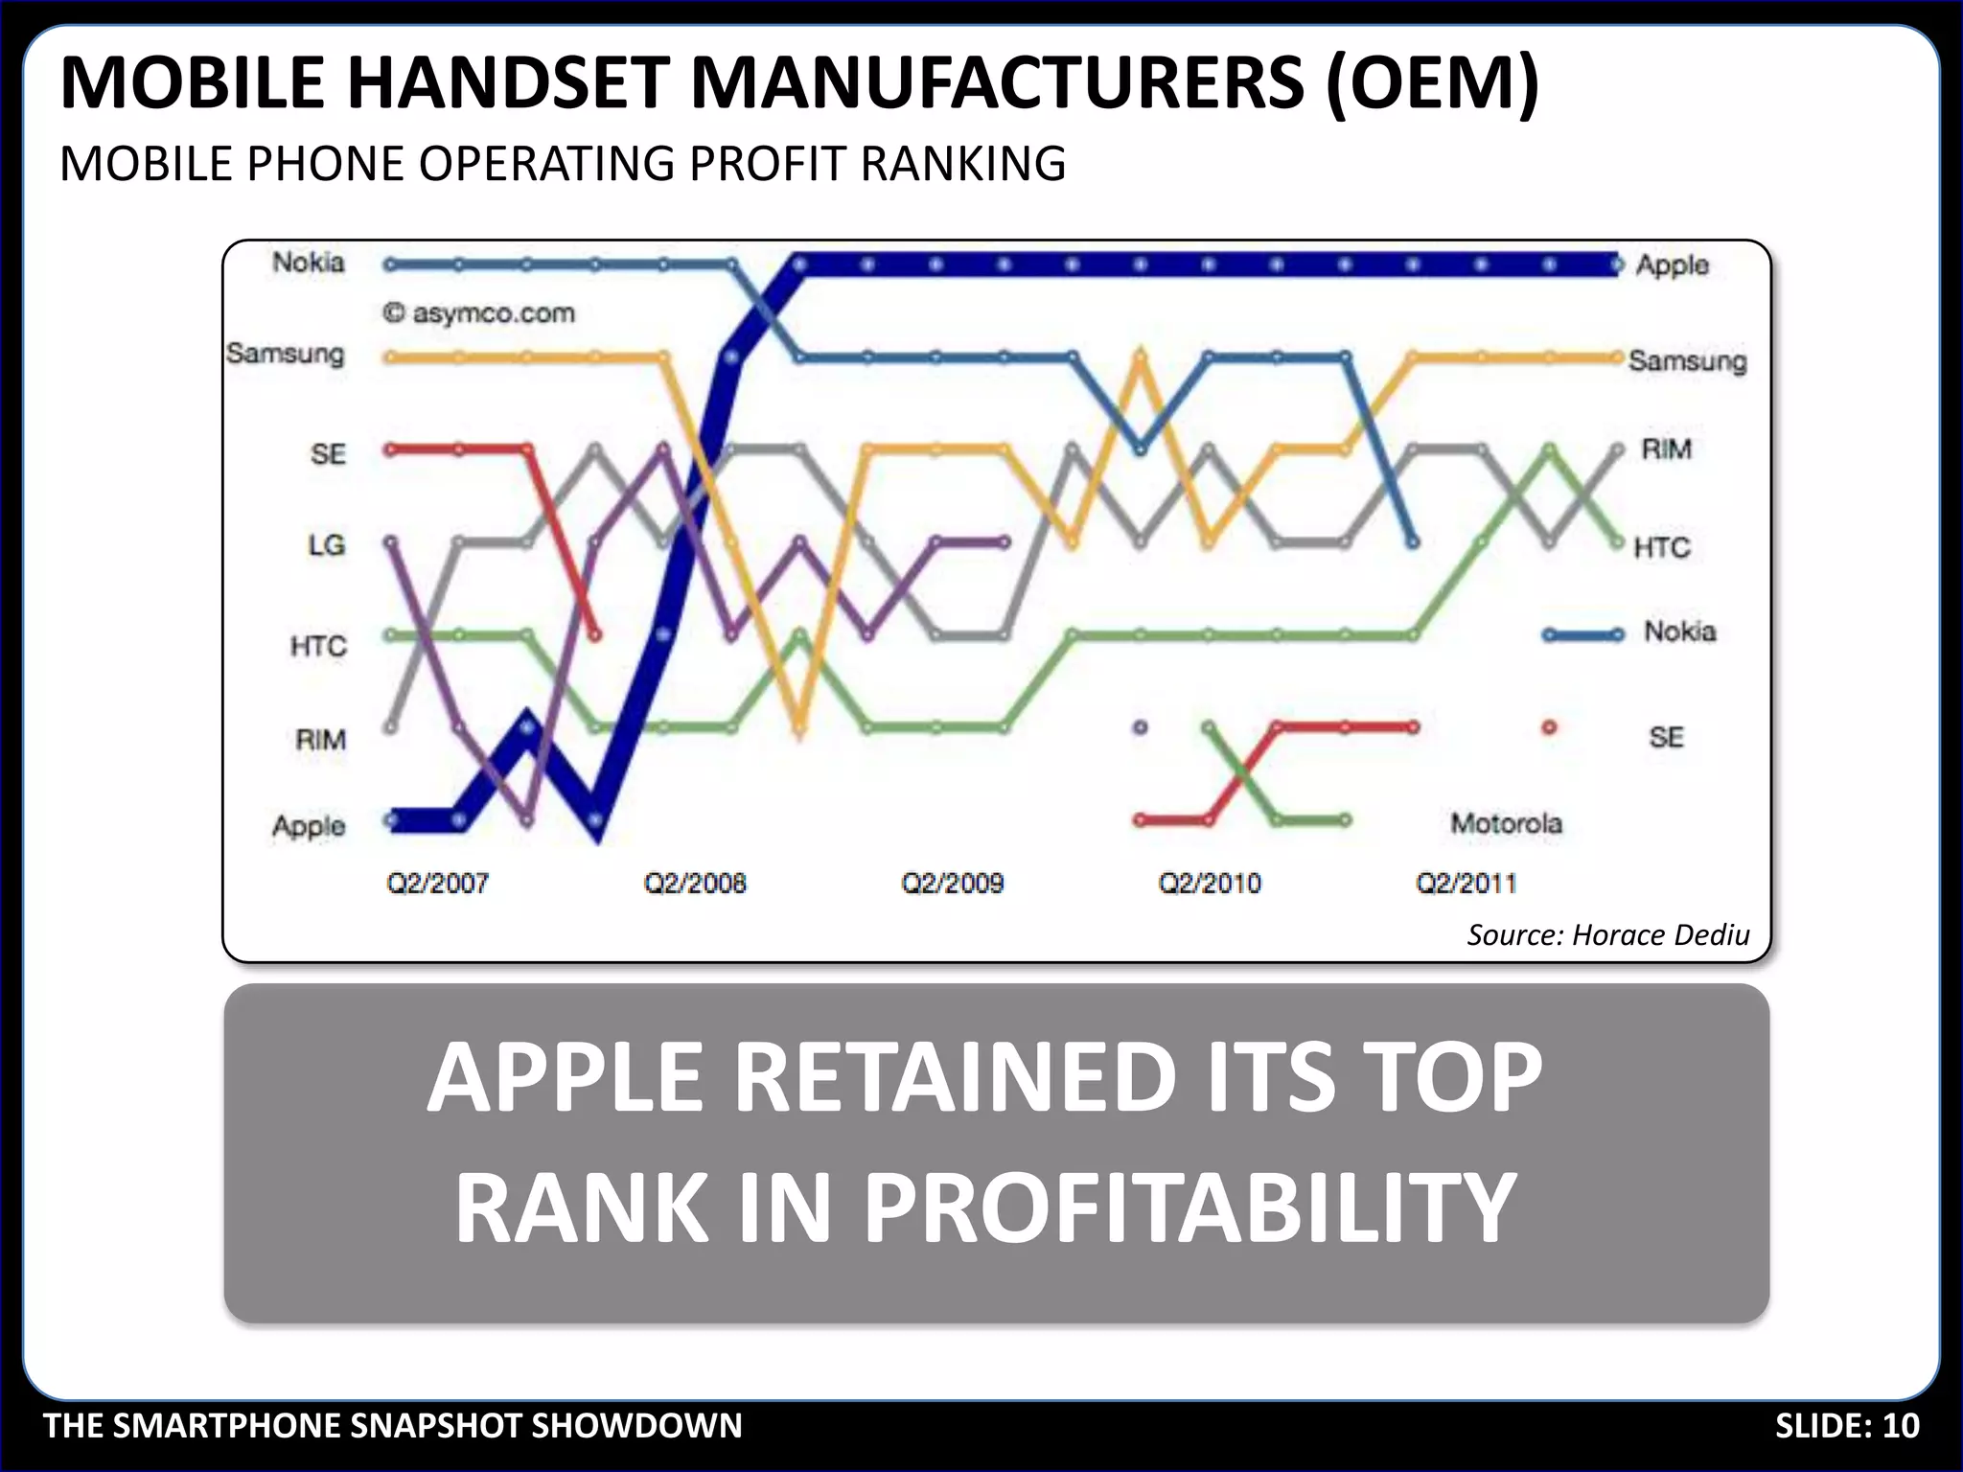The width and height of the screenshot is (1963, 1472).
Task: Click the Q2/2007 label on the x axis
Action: pyautogui.click(x=437, y=883)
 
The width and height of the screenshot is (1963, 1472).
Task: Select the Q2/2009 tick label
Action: pyautogui.click(x=952, y=883)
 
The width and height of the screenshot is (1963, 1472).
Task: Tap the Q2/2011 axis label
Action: pyautogui.click(x=1466, y=883)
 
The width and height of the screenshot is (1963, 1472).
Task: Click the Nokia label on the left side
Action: pyautogui.click(x=308, y=263)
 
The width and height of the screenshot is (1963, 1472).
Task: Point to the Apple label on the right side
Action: pyautogui.click(x=1672, y=265)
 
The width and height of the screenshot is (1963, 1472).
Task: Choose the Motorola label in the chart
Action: pyautogui.click(x=1506, y=823)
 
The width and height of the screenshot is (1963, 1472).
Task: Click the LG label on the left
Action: pyautogui.click(x=326, y=545)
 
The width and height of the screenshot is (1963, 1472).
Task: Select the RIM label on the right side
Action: pyautogui.click(x=1666, y=449)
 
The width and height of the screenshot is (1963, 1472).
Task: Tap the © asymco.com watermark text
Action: pyautogui.click(x=479, y=313)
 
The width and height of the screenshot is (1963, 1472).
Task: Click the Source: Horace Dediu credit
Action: pyautogui.click(x=1607, y=934)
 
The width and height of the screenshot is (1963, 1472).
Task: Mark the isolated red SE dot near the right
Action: pyautogui.click(x=1549, y=728)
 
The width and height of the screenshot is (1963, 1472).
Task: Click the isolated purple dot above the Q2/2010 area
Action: pyautogui.click(x=1140, y=727)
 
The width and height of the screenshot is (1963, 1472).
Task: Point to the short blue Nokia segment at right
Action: pyautogui.click(x=1582, y=634)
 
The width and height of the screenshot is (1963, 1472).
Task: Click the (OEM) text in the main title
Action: pyautogui.click(x=1432, y=83)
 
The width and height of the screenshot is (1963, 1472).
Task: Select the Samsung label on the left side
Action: pyautogui.click(x=285, y=354)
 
